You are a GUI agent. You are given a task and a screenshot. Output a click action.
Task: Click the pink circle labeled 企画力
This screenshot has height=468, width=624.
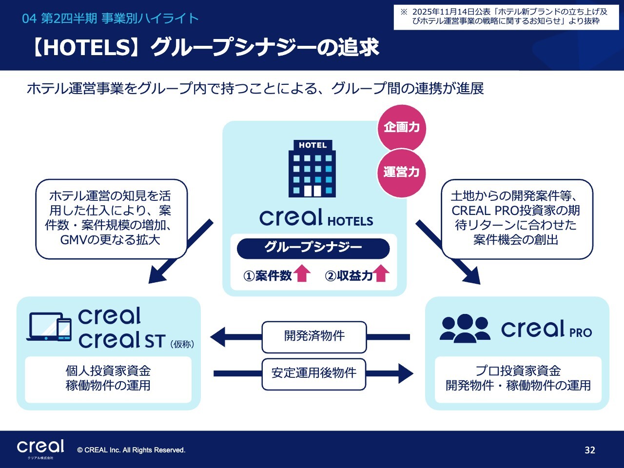(401, 128)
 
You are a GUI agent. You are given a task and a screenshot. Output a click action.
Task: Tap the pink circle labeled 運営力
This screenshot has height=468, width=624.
(401, 172)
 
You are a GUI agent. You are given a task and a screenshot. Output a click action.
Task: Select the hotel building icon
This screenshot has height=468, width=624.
(312, 169)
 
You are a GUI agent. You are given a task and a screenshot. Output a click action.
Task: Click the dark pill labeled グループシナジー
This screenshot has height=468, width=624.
(313, 248)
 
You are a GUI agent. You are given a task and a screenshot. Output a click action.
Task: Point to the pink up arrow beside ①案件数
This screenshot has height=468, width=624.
(302, 273)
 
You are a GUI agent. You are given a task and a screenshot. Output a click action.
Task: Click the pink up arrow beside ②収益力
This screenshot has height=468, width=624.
(381, 273)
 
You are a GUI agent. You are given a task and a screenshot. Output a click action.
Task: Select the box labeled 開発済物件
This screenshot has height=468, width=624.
(314, 336)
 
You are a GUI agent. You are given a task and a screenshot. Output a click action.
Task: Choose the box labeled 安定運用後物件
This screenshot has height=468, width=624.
(314, 374)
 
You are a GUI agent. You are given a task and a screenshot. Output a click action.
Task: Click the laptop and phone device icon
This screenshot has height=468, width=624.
(50, 326)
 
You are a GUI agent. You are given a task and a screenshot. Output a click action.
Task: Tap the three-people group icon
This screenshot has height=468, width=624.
(465, 328)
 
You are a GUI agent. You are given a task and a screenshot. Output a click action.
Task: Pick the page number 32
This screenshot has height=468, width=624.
(590, 450)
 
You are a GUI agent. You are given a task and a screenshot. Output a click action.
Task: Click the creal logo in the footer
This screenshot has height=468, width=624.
(40, 448)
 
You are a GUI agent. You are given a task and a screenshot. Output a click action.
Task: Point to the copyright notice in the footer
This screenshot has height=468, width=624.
(131, 450)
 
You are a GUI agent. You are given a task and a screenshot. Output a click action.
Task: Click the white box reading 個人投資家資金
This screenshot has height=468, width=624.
(108, 379)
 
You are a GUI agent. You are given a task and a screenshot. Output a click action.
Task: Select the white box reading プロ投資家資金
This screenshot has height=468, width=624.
(518, 379)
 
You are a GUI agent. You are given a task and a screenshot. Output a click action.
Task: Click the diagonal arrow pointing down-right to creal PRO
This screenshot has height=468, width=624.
(448, 253)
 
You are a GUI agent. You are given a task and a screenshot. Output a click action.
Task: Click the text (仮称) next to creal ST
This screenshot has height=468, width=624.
(183, 344)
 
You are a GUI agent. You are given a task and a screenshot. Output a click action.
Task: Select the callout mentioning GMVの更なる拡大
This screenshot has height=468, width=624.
(111, 218)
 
